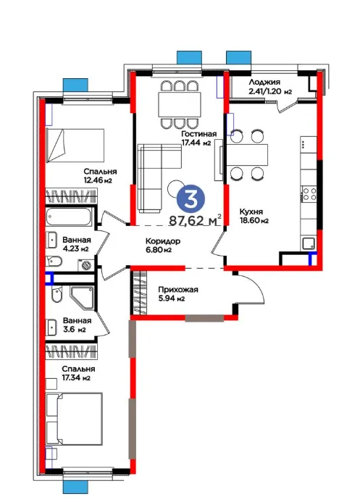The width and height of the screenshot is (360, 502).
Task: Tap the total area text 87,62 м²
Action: [195, 220]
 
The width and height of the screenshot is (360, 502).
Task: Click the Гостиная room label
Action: [198, 134]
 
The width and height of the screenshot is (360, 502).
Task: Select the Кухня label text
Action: [251, 212]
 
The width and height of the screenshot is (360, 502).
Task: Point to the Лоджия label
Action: [264, 83]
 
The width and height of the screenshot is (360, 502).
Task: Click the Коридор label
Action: [162, 240]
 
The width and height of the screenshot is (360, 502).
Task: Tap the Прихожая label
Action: [178, 290]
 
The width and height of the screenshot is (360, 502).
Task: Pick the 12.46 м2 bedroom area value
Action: [98, 180]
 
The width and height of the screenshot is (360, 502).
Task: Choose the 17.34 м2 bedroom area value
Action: [76, 378]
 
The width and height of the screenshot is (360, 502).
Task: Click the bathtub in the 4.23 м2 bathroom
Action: [70, 217]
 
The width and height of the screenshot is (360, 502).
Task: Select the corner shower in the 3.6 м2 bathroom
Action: [83, 298]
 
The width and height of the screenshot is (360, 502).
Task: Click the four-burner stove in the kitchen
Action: [309, 193]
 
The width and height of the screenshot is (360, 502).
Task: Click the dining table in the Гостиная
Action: [180, 105]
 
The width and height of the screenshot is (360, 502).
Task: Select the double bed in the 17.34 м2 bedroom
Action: [74, 419]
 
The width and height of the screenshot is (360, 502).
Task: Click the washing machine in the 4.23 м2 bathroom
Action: [85, 265]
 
